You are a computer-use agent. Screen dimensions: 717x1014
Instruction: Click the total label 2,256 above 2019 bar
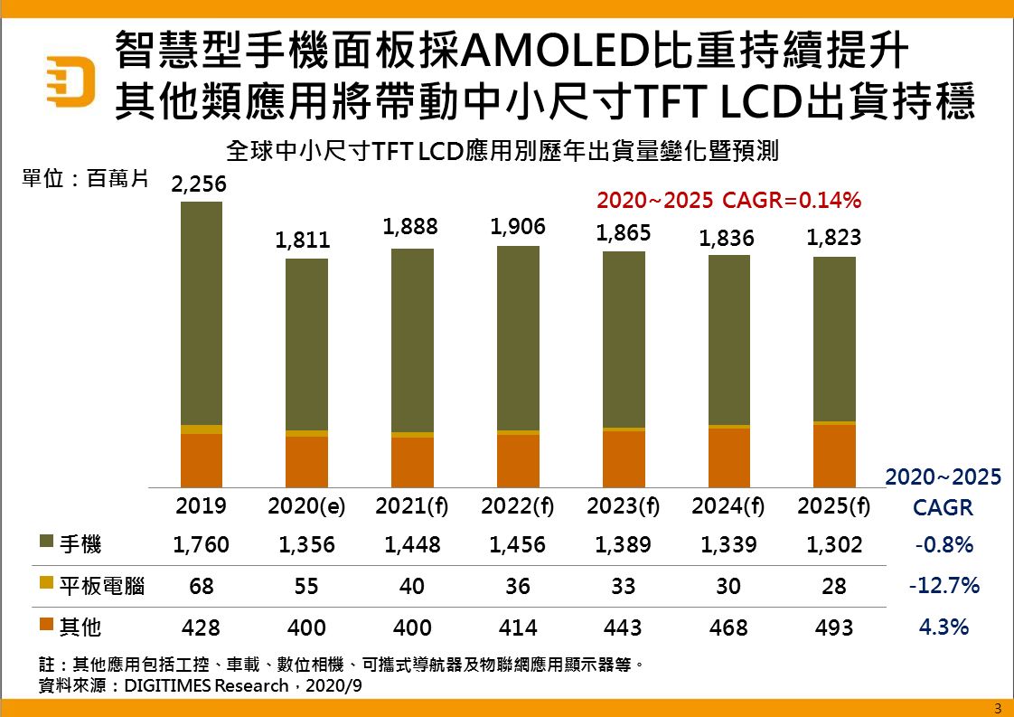[199, 184]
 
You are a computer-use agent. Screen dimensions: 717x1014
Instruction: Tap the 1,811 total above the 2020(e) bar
[303, 241]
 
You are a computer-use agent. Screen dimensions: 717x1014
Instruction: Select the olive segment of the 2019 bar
[202, 313]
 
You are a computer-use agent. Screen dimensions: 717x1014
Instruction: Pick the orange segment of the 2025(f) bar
[834, 456]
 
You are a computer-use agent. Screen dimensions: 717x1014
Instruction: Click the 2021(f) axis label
[412, 506]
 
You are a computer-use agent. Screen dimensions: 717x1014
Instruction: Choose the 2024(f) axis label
[728, 506]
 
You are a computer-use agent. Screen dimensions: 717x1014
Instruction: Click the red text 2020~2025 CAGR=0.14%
[728, 200]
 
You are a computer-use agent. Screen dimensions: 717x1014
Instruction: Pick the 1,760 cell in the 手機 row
[202, 545]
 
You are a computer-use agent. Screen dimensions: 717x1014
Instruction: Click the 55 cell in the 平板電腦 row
[306, 586]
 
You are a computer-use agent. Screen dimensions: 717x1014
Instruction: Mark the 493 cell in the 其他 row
[834, 627]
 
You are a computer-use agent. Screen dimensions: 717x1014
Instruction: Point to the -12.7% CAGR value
[944, 586]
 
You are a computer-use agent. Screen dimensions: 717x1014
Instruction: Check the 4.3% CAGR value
[944, 627]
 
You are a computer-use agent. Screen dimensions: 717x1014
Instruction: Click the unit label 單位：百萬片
[84, 179]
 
